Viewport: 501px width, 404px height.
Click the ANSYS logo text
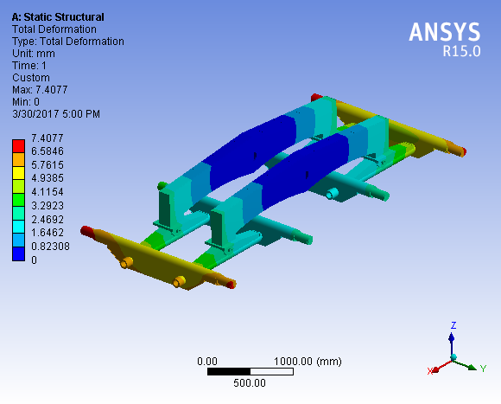[x=444, y=32]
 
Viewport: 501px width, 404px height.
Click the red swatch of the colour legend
[x=17, y=144]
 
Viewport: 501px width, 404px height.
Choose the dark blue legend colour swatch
[x=17, y=253]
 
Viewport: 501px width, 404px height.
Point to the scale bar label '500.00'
[x=250, y=383]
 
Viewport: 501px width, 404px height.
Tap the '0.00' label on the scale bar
[x=207, y=361]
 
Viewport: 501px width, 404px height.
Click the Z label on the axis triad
[x=453, y=325]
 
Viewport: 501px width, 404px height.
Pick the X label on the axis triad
[x=429, y=371]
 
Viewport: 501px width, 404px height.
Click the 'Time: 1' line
[x=30, y=66]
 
